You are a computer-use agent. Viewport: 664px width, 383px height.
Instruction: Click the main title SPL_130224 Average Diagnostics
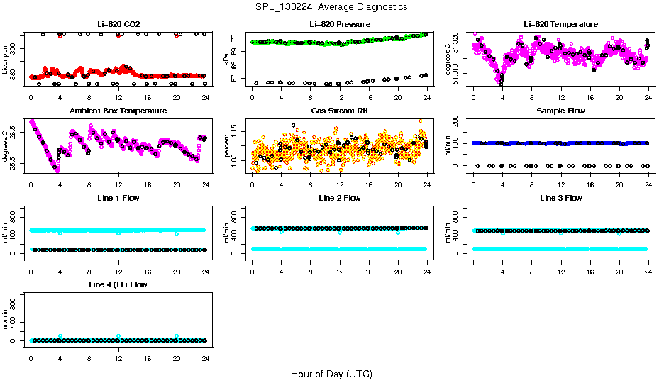pos(332,6)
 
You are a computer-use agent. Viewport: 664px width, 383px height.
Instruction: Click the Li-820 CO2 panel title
pos(118,25)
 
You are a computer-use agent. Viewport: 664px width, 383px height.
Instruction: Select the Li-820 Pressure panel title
pos(340,25)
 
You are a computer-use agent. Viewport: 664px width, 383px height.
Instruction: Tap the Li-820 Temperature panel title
pos(560,25)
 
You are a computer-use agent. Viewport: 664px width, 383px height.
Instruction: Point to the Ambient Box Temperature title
pos(118,111)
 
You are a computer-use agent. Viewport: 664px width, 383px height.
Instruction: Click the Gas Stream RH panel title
pos(340,111)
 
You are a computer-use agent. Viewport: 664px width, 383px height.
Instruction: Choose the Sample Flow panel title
pos(560,111)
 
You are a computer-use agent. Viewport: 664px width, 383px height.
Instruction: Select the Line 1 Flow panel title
pos(118,198)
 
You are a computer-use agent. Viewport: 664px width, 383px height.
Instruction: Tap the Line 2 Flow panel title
pos(340,198)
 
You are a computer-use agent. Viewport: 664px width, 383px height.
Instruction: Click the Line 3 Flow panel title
pos(560,198)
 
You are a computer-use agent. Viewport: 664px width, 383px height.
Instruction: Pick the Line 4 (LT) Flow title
pos(118,284)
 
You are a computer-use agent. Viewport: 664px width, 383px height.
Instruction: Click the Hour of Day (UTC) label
pos(331,374)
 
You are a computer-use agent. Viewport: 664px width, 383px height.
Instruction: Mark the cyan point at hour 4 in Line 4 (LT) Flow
pos(60,336)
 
